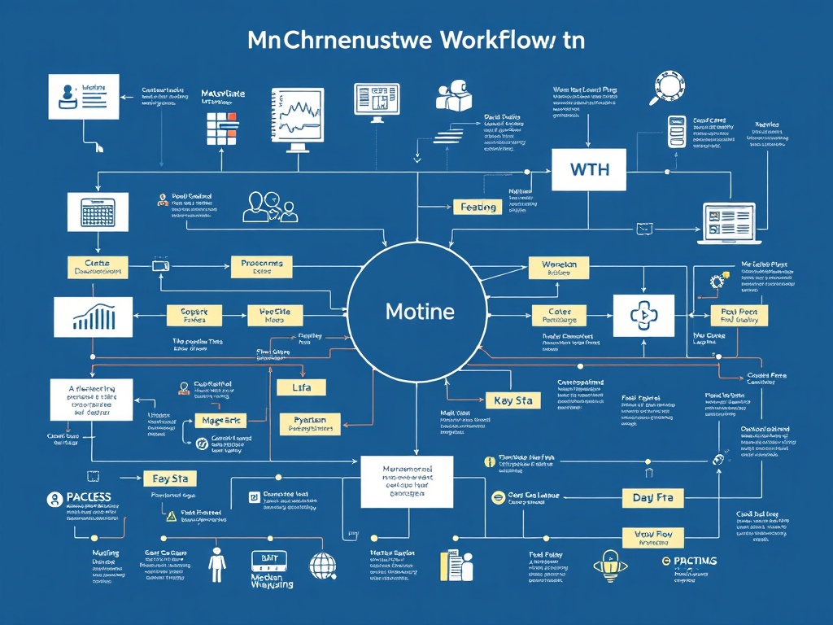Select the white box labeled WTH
[x=588, y=170]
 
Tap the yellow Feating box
[x=478, y=208]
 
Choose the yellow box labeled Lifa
[x=302, y=387]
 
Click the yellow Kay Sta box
[x=512, y=400]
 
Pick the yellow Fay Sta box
[x=169, y=479]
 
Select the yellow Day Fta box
[x=653, y=497]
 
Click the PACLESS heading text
[x=89, y=496]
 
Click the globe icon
[x=323, y=564]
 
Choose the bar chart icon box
[x=93, y=317]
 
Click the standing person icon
[x=217, y=563]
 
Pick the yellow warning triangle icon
[x=171, y=515]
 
